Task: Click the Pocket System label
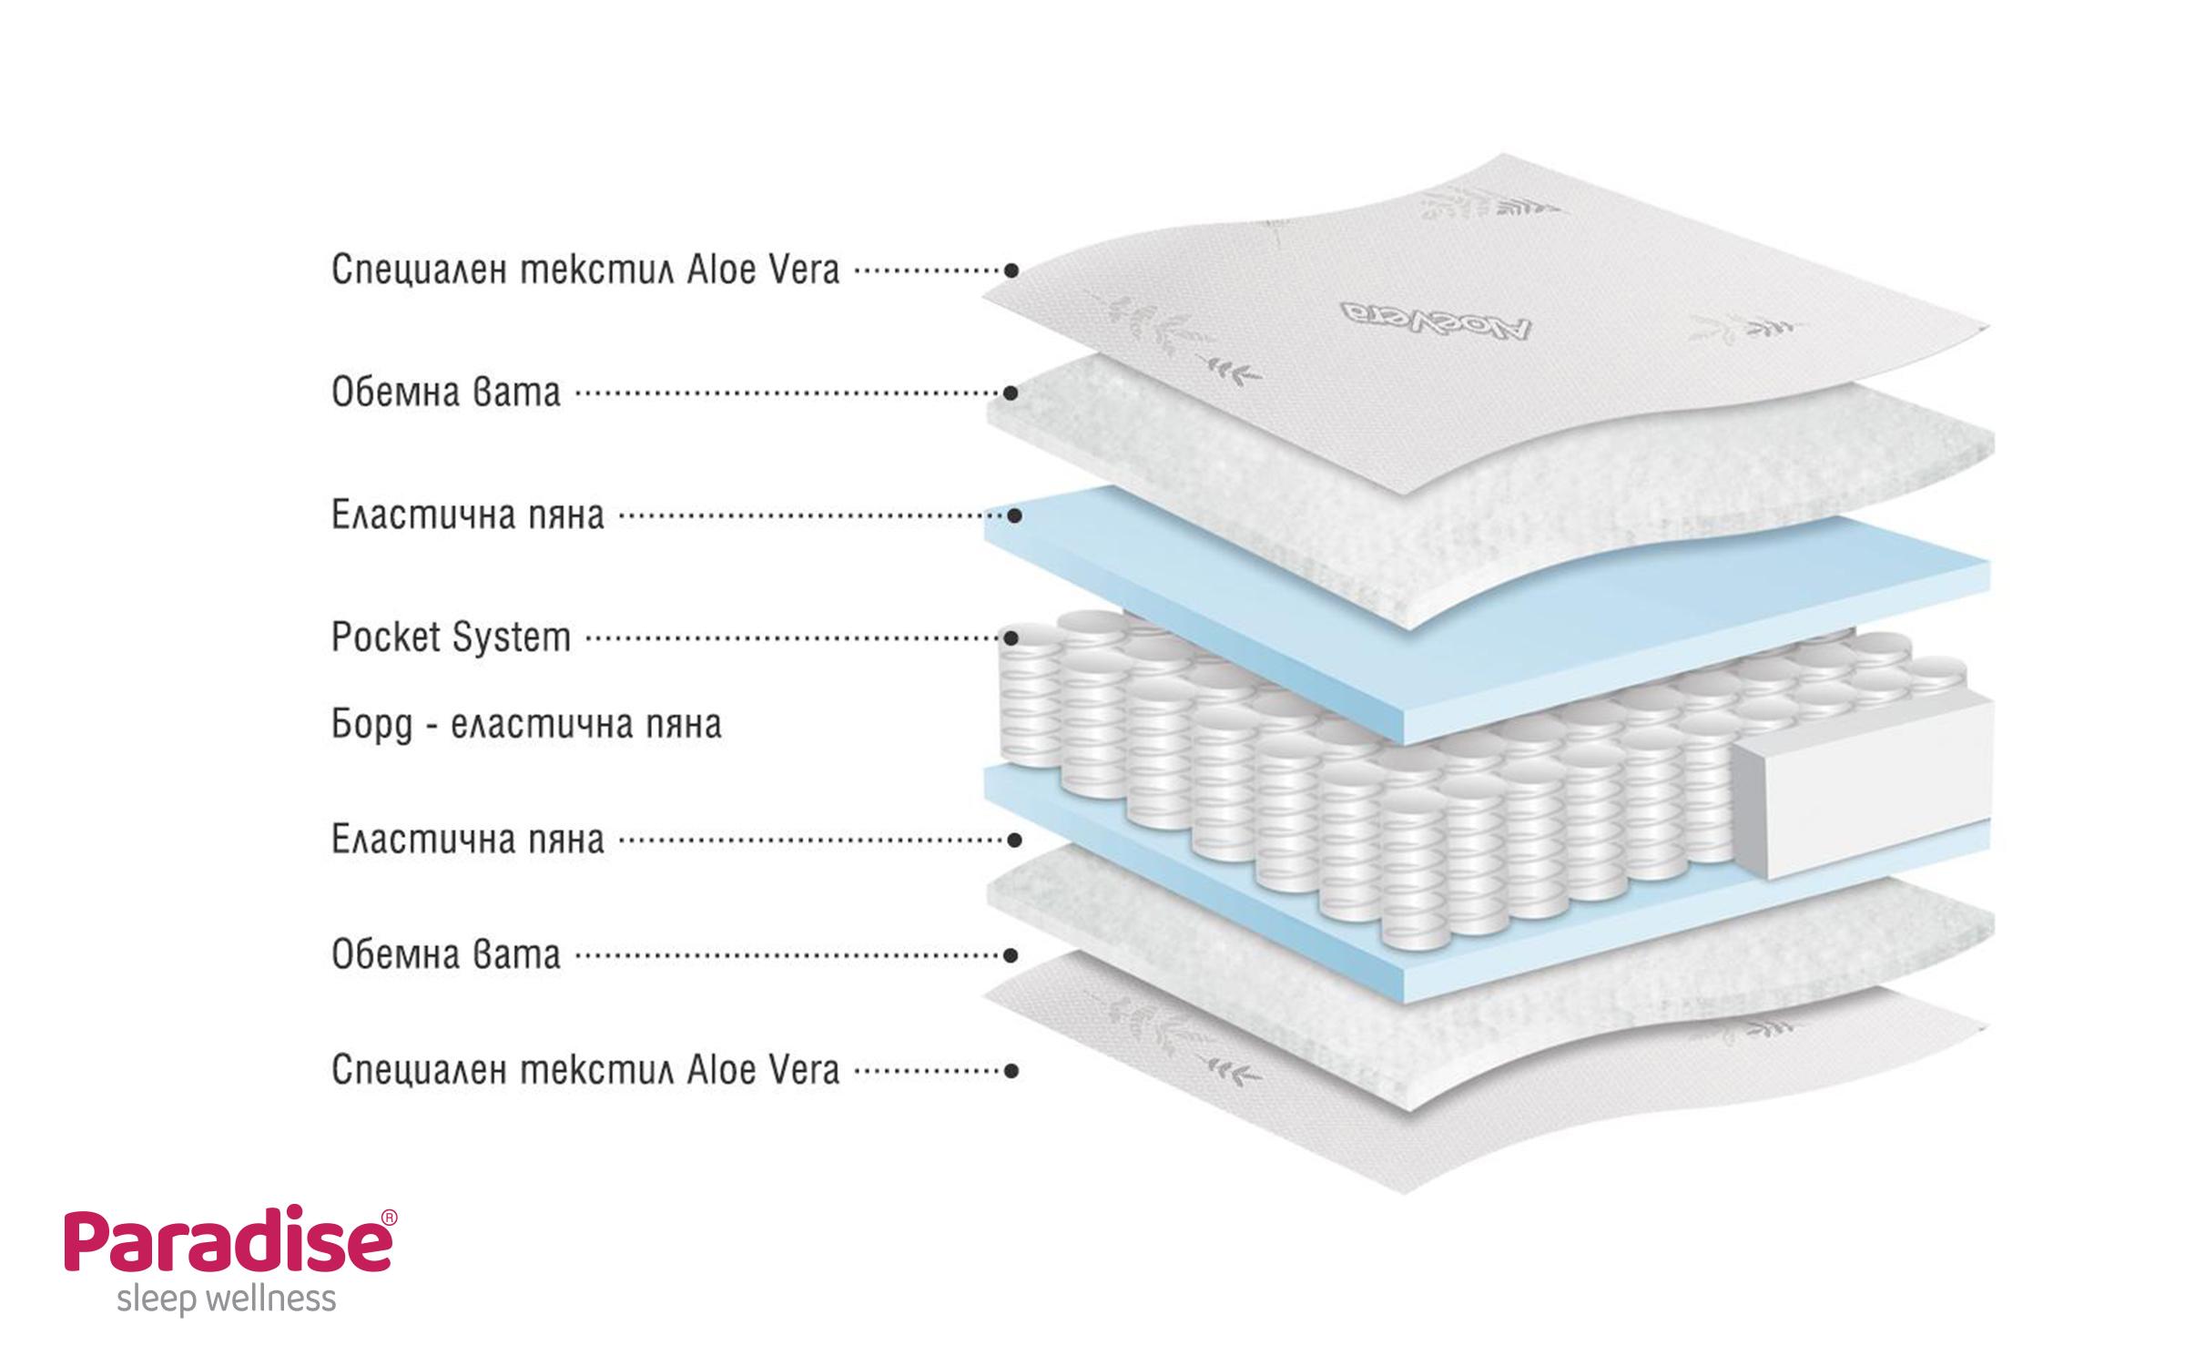pyautogui.click(x=451, y=638)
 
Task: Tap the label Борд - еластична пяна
pyautogui.click(x=526, y=725)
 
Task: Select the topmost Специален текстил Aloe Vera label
pyautogui.click(x=584, y=270)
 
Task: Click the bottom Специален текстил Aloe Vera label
pyautogui.click(x=584, y=1071)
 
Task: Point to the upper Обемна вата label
pyautogui.click(x=445, y=393)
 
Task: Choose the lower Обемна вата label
pyautogui.click(x=445, y=955)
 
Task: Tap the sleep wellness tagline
pyautogui.click(x=227, y=1300)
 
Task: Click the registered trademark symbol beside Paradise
pyautogui.click(x=388, y=1218)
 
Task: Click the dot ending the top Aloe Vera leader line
pyautogui.click(x=1011, y=270)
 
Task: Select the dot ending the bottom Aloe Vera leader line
pyautogui.click(x=1011, y=1071)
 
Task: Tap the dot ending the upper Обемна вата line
pyautogui.click(x=1011, y=393)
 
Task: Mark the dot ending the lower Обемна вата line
pyautogui.click(x=1011, y=955)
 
